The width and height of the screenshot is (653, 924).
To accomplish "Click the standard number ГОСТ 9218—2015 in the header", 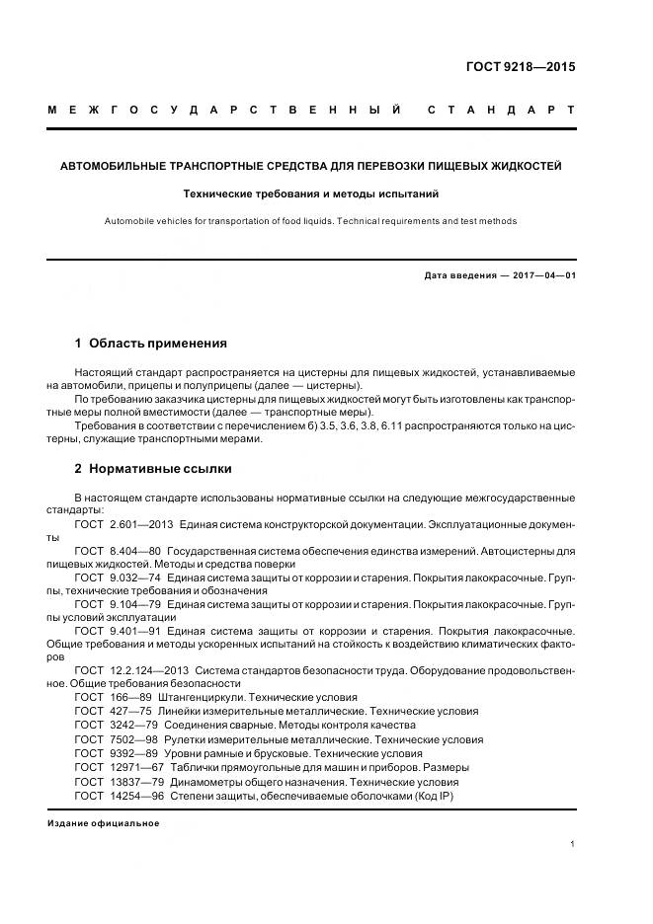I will [x=520, y=68].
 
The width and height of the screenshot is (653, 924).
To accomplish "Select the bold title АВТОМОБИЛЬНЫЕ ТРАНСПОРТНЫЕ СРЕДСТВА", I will [x=311, y=166].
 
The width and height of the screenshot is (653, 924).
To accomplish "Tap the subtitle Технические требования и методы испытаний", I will [x=311, y=194].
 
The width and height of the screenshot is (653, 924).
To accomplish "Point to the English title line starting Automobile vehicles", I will [x=311, y=221].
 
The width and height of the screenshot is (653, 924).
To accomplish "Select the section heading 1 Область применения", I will [x=151, y=344].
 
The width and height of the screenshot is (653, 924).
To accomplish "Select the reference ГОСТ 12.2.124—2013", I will [x=124, y=669].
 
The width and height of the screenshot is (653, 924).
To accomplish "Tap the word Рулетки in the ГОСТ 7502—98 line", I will [x=190, y=738].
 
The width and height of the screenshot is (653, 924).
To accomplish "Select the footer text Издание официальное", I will [x=103, y=822].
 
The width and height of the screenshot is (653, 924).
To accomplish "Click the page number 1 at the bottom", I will [x=573, y=844].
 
